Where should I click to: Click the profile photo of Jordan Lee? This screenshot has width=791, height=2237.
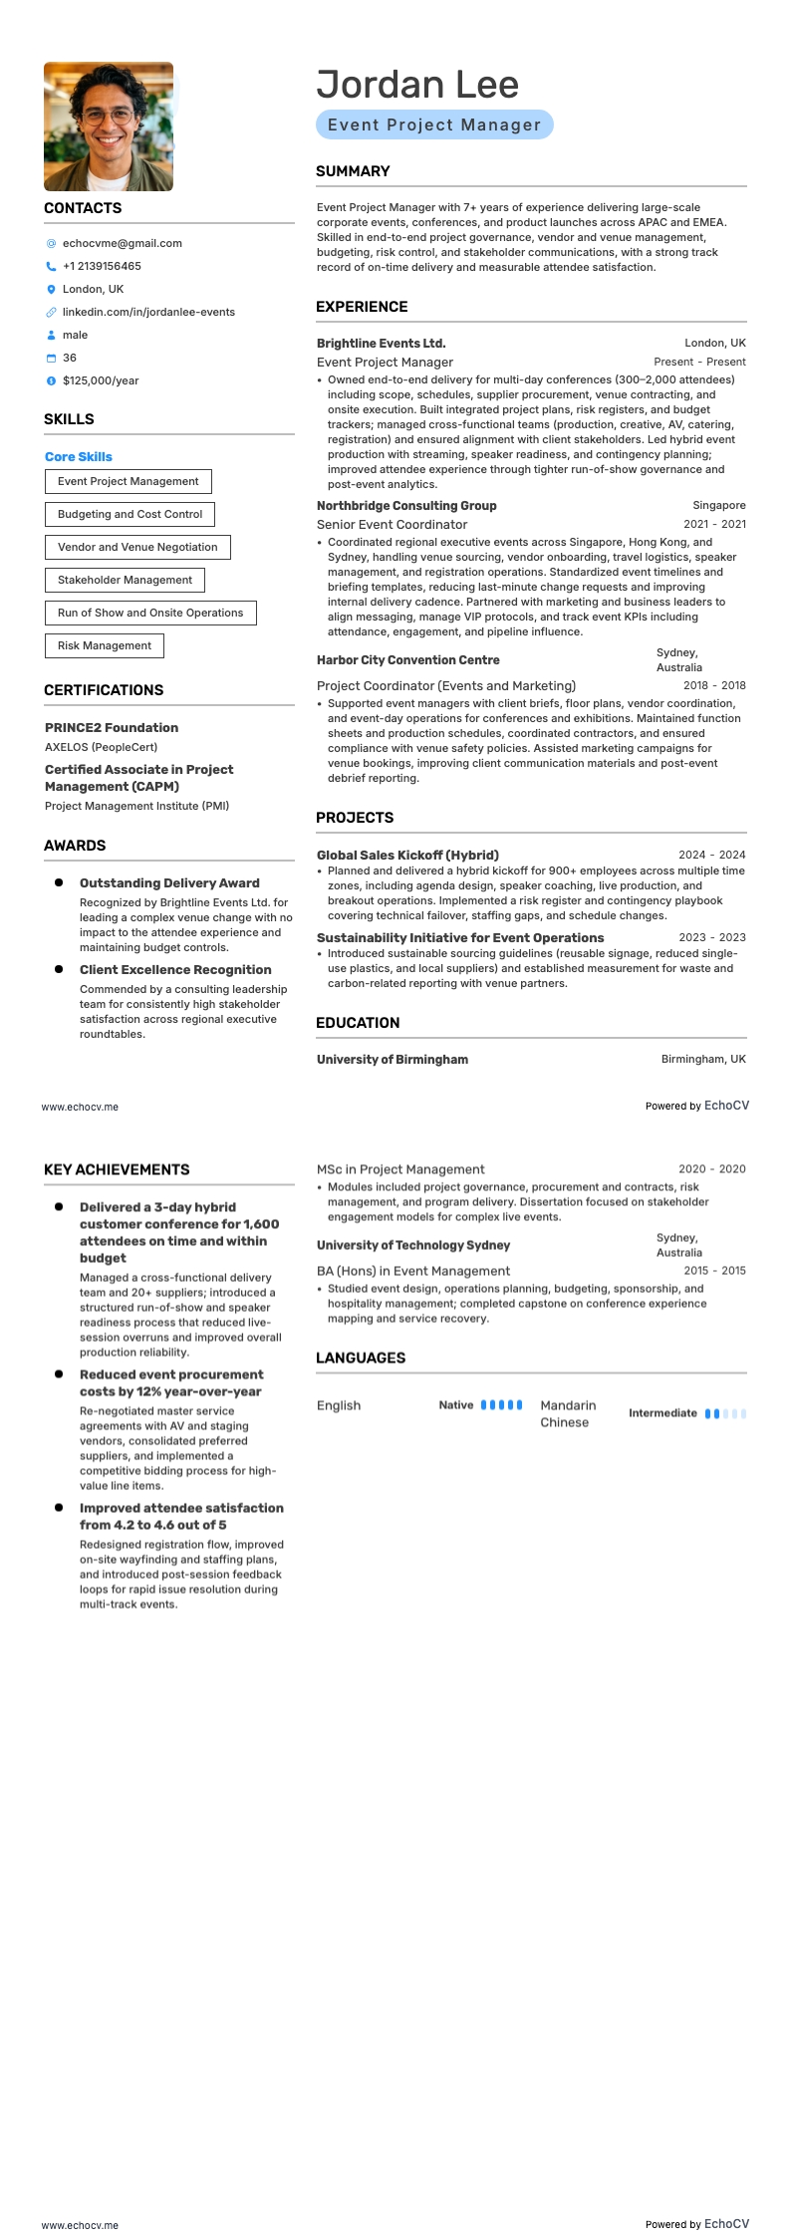108,126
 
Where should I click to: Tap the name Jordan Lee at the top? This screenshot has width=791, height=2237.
417,85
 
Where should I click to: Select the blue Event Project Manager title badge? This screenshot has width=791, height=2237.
434,124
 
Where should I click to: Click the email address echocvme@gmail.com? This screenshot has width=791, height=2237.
122,243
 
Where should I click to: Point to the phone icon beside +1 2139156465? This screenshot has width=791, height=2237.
51,267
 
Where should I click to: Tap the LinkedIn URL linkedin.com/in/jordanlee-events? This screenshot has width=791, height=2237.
148,312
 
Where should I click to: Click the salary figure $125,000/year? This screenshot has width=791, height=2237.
101,380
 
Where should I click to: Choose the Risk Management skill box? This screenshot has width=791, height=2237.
105,645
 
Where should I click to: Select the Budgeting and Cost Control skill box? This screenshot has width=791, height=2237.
130,514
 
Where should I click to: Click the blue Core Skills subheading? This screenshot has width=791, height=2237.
79,456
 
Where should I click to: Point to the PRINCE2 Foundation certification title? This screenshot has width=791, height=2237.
112,728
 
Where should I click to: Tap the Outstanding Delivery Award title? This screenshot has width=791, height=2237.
169,883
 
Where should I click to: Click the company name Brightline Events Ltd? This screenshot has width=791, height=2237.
381,344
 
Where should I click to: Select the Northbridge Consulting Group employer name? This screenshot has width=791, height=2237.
406,506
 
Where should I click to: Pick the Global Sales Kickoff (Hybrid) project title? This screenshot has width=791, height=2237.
407,856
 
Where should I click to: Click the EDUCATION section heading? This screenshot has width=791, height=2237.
358,1023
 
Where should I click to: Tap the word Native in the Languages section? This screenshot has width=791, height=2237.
456,1405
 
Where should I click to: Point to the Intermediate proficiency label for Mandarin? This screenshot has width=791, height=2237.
662,1413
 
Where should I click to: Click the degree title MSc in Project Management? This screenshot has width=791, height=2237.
400,1169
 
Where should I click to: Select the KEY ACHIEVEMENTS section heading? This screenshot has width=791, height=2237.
117,1169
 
